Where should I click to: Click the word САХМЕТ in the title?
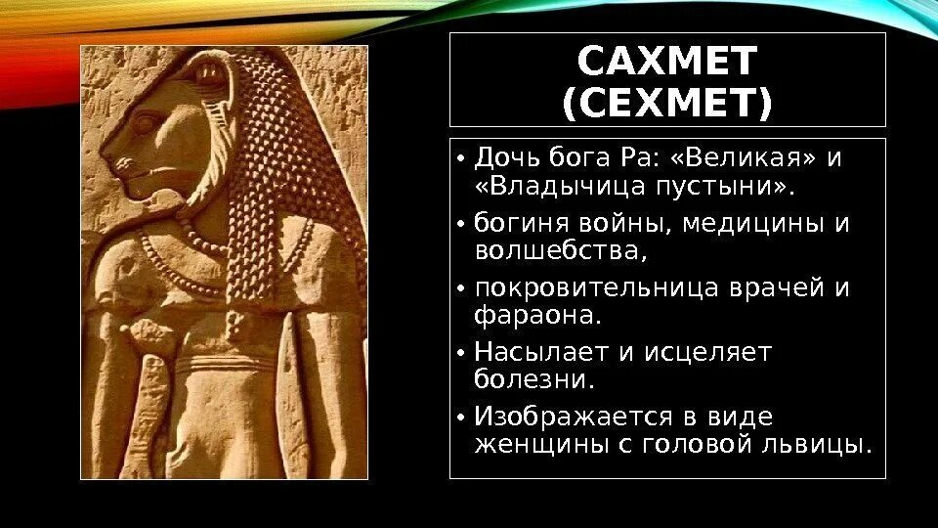click(x=667, y=62)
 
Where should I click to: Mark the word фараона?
click(x=535, y=316)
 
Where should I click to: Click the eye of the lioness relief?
click(x=148, y=124)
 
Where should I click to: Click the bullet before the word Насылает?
click(x=460, y=353)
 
